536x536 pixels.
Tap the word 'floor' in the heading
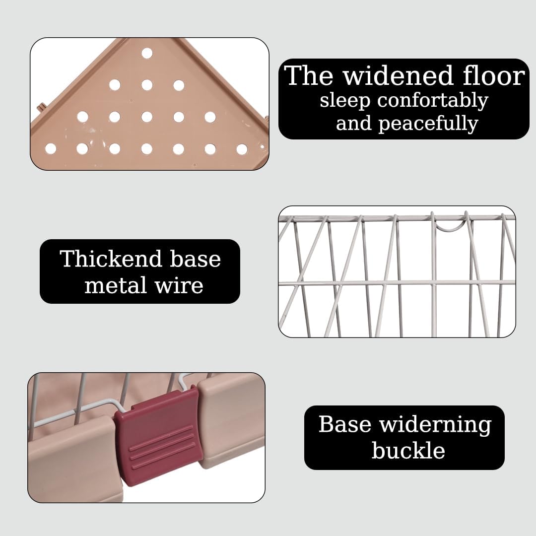click(494, 76)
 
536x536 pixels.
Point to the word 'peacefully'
click(428, 124)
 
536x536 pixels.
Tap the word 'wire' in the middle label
click(179, 286)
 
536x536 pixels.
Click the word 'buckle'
click(408, 450)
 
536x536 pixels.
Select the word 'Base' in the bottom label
click(345, 424)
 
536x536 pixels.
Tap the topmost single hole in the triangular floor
click(147, 53)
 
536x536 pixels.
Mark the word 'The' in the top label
click(308, 76)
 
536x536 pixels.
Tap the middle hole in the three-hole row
click(147, 85)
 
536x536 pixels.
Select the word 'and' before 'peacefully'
click(353, 124)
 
